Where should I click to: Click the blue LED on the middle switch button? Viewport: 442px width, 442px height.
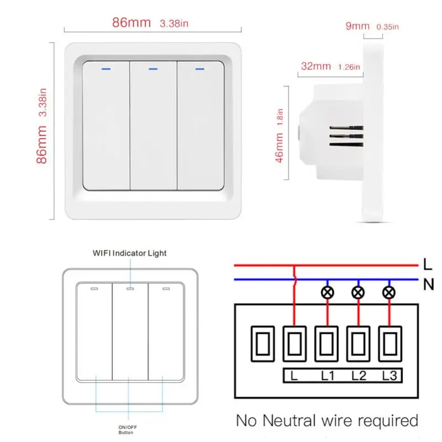click(153, 69)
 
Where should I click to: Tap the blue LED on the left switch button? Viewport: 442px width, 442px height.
click(106, 69)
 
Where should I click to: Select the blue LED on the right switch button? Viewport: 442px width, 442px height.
click(200, 69)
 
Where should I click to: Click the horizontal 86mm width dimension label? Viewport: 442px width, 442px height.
click(131, 23)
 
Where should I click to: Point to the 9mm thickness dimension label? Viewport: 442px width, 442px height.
click(357, 25)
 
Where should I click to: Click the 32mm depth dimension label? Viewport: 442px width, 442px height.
click(315, 66)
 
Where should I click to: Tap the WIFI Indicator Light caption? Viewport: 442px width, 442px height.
click(129, 253)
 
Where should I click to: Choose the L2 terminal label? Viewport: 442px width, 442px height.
click(359, 376)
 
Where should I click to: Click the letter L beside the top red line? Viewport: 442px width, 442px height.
click(428, 264)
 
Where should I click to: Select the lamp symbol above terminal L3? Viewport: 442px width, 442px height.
click(388, 293)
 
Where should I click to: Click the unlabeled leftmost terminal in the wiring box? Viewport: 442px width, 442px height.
click(263, 343)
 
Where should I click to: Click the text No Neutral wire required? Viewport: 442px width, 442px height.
click(327, 420)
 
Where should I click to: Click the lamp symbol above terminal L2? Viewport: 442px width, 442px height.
click(358, 293)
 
